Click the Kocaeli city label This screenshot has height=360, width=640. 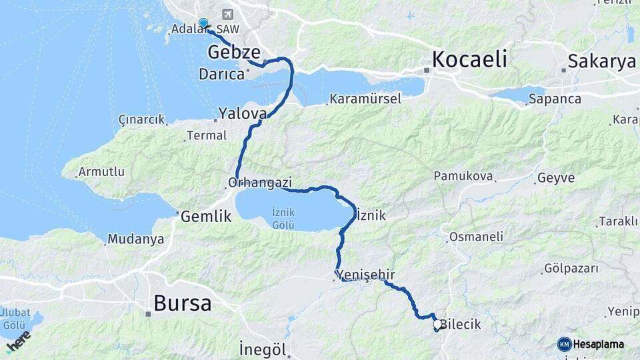469,59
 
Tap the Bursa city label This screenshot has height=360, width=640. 182,304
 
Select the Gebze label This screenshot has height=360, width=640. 233,52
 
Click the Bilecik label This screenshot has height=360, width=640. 461,325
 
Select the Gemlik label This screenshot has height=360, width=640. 205,216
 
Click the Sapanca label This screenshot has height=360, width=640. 555,99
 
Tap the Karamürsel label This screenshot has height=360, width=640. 364,99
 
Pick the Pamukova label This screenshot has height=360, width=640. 463,176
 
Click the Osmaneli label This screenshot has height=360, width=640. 476,237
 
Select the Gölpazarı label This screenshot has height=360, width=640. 571,269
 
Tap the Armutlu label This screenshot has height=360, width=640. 101,171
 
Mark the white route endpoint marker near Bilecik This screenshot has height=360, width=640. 437,325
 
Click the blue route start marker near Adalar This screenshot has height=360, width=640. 203,22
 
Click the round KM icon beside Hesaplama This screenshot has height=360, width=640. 564,344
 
